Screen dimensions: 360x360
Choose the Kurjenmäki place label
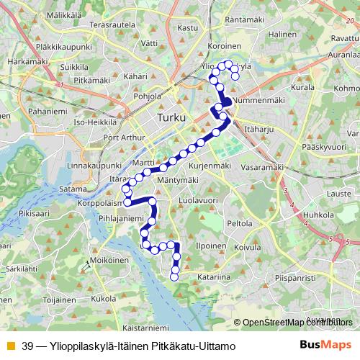[x=213, y=166]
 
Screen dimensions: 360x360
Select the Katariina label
[x=214, y=275]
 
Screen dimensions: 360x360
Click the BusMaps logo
[x=323, y=344]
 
